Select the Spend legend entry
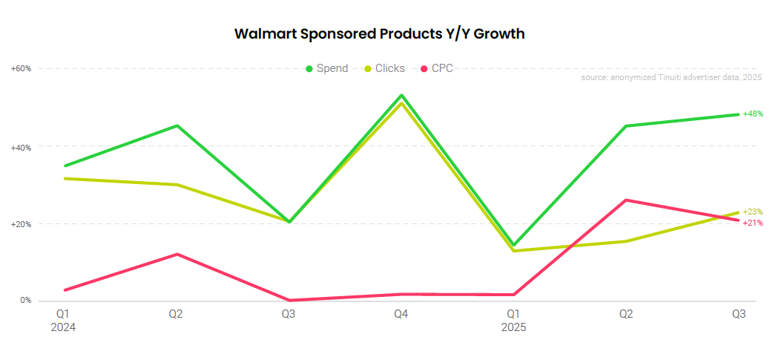(326, 68)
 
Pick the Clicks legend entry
(384, 68)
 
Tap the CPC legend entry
(437, 68)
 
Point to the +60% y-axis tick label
(21, 68)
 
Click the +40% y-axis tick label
(21, 147)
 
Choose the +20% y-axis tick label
(21, 224)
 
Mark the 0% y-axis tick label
(25, 301)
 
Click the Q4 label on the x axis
(401, 314)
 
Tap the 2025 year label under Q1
(513, 327)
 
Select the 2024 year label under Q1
(63, 327)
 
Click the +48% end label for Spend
(753, 114)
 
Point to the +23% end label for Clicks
(753, 212)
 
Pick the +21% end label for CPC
(753, 223)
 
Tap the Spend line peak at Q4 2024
(401, 95)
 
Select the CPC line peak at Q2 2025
(626, 200)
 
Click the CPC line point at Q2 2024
(177, 255)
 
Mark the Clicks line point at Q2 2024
(177, 185)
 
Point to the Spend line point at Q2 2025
(626, 126)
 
